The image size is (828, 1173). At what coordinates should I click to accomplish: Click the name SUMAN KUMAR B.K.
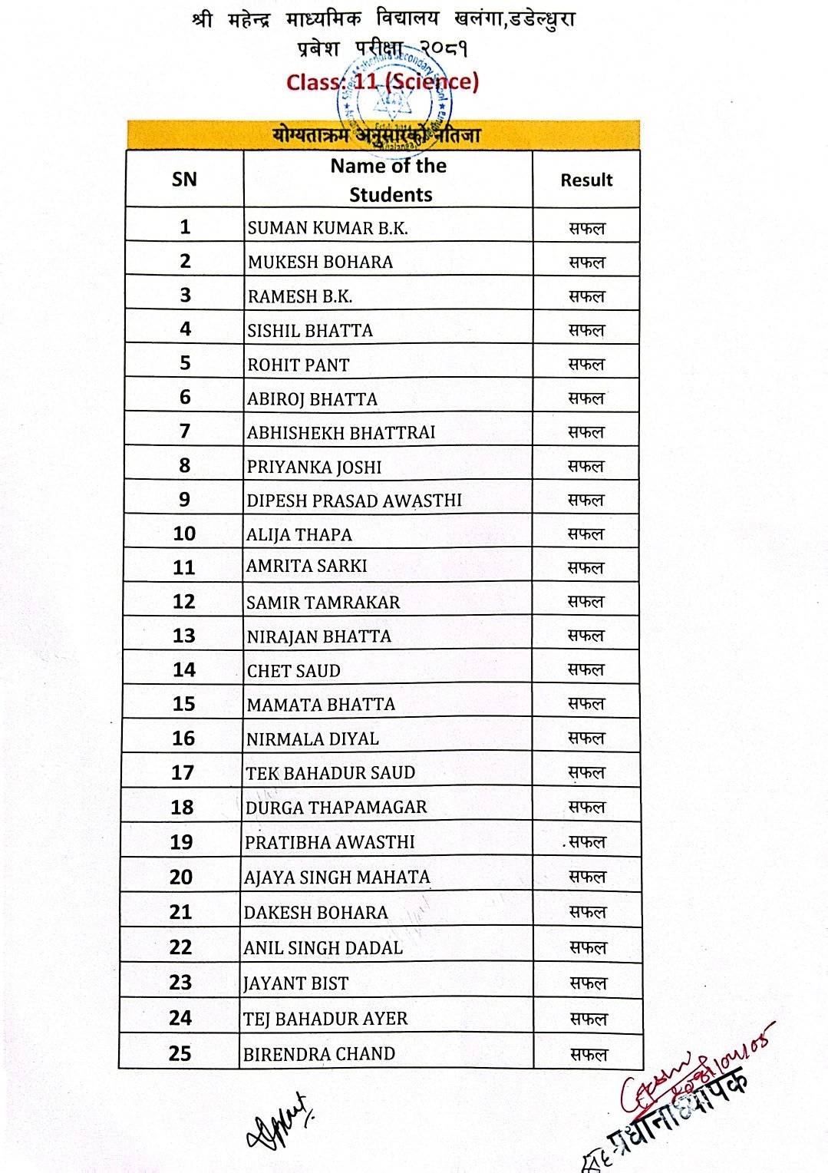pyautogui.click(x=328, y=228)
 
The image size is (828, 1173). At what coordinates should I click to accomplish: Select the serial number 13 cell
pyautogui.click(x=184, y=636)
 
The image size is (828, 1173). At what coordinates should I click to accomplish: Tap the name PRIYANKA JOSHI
pyautogui.click(x=314, y=467)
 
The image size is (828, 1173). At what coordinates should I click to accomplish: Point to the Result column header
pyautogui.click(x=586, y=180)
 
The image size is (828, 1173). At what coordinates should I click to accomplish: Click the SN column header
pyautogui.click(x=184, y=180)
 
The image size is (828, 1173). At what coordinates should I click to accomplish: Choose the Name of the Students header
pyautogui.click(x=388, y=180)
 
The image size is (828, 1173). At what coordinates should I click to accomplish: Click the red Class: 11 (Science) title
pyautogui.click(x=382, y=82)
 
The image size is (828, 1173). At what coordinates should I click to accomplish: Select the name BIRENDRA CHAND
pyautogui.click(x=319, y=1054)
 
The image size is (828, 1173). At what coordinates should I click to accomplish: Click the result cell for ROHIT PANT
pyautogui.click(x=586, y=365)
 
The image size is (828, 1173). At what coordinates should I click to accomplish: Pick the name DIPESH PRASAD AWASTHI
pyautogui.click(x=355, y=501)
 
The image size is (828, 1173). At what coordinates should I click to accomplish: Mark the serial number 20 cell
pyautogui.click(x=181, y=877)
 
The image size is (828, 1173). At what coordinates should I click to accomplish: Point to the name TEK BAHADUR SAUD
pyautogui.click(x=330, y=773)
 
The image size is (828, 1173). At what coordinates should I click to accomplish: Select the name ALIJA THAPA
pyautogui.click(x=299, y=535)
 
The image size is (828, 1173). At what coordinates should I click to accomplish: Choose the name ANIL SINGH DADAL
pyautogui.click(x=323, y=948)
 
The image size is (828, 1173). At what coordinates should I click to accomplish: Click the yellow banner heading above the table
pyautogui.click(x=383, y=135)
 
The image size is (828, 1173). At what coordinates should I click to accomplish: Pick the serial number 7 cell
pyautogui.click(x=184, y=431)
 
